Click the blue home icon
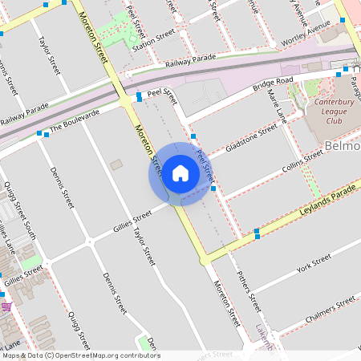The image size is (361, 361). pyautogui.click(x=180, y=173)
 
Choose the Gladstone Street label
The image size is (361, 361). pyautogui.click(x=251, y=137)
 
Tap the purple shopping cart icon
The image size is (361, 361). pyautogui.click(x=6, y=306)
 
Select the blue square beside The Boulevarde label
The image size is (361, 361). pyautogui.click(x=39, y=133)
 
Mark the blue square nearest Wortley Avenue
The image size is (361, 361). pyautogui.click(x=343, y=20)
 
